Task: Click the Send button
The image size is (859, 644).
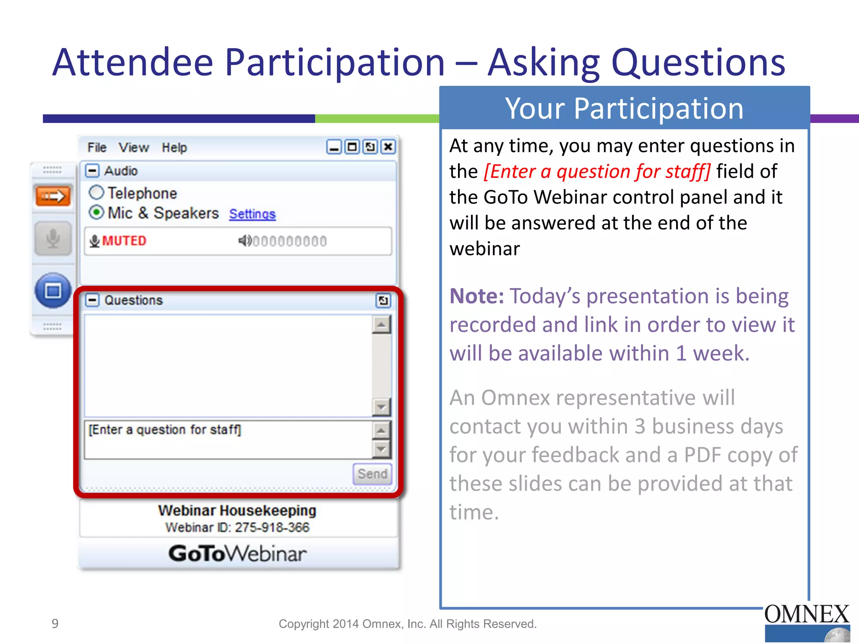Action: click(372, 474)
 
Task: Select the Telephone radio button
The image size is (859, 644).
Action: click(96, 193)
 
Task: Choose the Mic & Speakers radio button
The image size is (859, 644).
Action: click(96, 213)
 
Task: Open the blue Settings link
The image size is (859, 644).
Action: click(252, 214)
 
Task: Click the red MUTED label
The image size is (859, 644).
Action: click(124, 241)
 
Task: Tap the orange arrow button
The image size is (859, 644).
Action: click(53, 196)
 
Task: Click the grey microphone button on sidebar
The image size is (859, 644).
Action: click(53, 239)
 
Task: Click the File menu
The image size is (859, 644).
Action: click(97, 148)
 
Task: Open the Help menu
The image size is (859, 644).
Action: click(174, 148)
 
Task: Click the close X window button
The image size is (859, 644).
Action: click(388, 147)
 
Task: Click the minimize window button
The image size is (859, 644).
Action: click(334, 147)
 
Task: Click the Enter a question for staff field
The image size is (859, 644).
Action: click(226, 439)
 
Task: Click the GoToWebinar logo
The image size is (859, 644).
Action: click(237, 553)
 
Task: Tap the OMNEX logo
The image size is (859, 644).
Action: click(807, 621)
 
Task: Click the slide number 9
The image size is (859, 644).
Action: click(55, 623)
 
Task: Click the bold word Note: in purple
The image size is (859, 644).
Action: click(476, 296)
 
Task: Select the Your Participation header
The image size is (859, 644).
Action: click(624, 108)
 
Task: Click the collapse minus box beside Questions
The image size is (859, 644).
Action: click(92, 300)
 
